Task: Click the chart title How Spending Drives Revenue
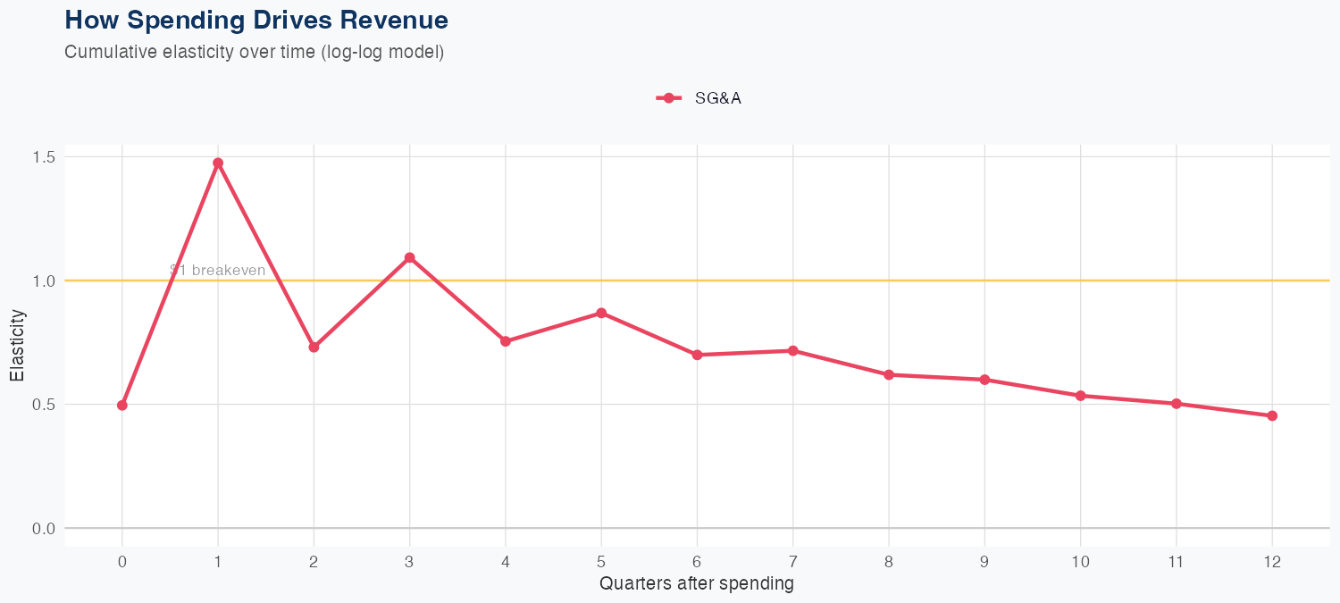click(x=256, y=20)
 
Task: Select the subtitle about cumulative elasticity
click(x=255, y=52)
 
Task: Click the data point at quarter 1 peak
click(x=218, y=163)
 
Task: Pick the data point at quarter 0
click(x=122, y=406)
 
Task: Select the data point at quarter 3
click(x=410, y=257)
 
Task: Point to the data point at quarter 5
click(x=601, y=314)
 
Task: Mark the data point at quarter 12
click(x=1272, y=415)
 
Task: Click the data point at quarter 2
click(x=314, y=347)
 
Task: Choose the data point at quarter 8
click(x=889, y=374)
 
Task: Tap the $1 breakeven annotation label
click(x=217, y=271)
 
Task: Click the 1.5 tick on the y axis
click(x=44, y=157)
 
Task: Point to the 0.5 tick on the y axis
click(x=44, y=405)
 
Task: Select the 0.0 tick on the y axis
click(x=44, y=529)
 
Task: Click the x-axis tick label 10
click(x=1081, y=562)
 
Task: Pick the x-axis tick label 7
click(x=793, y=562)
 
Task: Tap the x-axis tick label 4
click(x=506, y=562)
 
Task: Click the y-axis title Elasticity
click(x=17, y=345)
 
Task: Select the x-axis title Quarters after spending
click(x=697, y=584)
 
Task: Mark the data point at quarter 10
click(x=1081, y=396)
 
